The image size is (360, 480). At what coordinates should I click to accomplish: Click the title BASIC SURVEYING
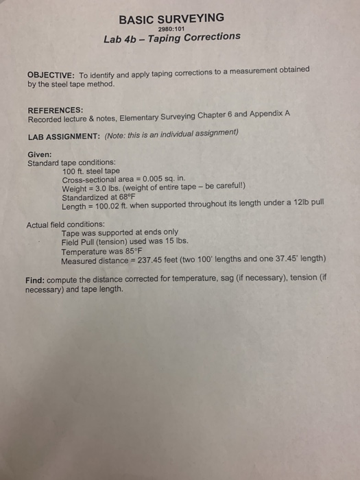pos(171,18)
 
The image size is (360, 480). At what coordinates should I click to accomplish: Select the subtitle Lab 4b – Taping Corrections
pos(171,37)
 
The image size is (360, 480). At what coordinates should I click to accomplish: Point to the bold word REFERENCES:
pos(56,110)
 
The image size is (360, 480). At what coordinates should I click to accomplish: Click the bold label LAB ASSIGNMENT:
pos(62,136)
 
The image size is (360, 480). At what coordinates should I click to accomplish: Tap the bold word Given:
pos(40,155)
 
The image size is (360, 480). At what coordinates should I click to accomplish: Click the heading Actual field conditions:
pos(66,224)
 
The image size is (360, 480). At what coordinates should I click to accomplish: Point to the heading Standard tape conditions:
pos(71,163)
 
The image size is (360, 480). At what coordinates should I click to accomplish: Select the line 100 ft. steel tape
pos(91,171)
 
